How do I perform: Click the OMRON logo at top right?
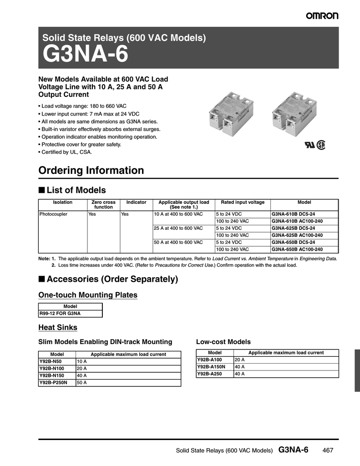point(322,16)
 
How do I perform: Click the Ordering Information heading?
point(91,171)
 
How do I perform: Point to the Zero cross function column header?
point(103,204)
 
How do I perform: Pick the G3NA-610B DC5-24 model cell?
point(293,214)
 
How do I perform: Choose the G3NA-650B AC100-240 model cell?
point(297,249)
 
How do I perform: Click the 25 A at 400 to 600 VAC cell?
point(178,228)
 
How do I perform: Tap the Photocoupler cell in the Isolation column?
point(53,214)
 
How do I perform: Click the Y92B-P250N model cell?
point(53,383)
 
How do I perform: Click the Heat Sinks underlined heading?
point(58,328)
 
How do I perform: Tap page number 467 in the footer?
point(328,451)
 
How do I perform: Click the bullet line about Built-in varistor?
point(100,129)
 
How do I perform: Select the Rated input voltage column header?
point(243,202)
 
